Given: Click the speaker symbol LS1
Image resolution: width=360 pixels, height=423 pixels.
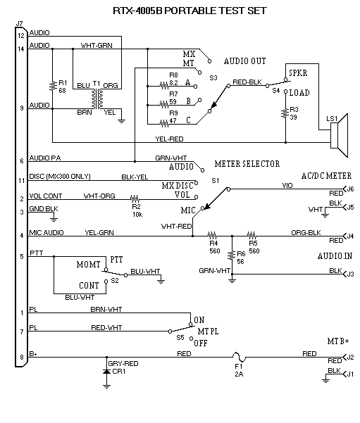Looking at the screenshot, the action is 339,135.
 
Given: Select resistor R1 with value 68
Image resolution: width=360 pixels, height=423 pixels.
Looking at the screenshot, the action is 52,87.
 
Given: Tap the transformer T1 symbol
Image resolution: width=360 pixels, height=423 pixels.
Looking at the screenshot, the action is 97,99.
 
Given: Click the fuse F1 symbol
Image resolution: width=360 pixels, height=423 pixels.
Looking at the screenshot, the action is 240,357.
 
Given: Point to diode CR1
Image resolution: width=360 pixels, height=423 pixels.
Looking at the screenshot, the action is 106,372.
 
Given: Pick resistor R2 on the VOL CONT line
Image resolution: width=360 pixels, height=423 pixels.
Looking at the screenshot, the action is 135,199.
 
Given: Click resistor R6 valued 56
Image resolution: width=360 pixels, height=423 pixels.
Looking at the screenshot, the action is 232,255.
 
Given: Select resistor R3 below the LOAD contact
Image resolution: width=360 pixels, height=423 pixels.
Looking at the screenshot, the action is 285,113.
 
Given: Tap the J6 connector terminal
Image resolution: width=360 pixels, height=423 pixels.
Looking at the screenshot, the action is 345,189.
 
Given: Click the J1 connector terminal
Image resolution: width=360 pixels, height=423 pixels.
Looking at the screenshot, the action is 345,374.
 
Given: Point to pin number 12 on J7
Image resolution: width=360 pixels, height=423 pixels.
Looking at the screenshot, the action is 21,35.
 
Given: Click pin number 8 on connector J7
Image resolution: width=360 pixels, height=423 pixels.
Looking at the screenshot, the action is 22,357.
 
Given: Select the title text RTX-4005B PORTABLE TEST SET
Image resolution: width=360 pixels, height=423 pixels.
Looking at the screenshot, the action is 190,11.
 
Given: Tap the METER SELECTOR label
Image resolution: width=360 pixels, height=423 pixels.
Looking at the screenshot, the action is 247,164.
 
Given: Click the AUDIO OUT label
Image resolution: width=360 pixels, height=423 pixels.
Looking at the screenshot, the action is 244,61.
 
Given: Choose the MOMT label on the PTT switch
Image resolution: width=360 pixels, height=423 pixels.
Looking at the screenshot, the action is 88,265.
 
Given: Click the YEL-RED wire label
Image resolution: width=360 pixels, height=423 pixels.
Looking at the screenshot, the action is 169,139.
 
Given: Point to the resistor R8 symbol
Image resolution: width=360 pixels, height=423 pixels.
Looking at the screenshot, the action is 164,86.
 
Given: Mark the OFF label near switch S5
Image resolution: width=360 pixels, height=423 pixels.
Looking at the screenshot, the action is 201,343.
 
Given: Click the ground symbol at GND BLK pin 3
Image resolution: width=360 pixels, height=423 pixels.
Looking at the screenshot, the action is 54,218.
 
